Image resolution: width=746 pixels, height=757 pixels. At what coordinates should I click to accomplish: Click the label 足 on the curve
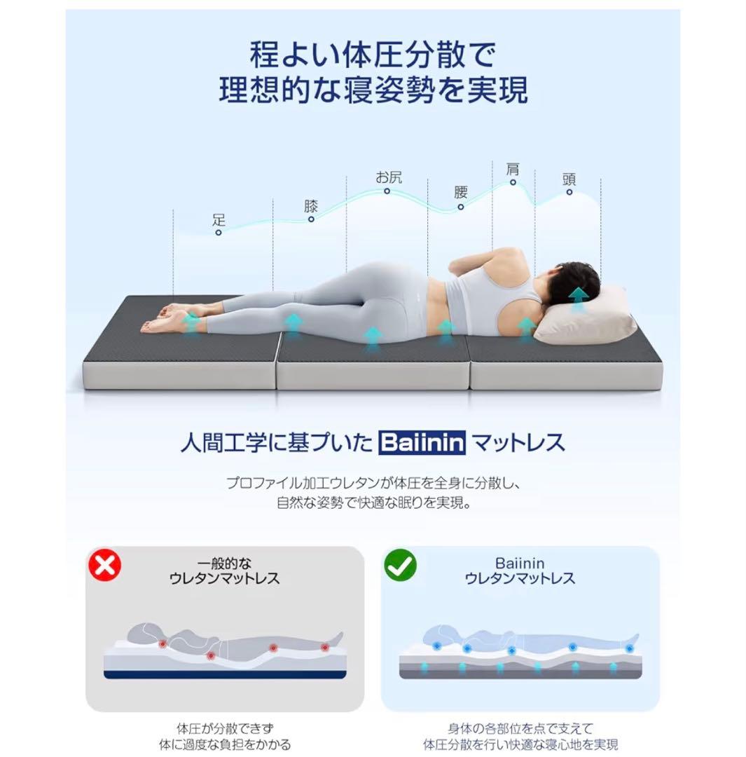coord(219,219)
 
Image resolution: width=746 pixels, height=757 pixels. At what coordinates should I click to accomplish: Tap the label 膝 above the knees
coord(311,206)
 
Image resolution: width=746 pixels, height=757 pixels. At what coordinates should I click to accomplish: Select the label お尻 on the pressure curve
coord(389,177)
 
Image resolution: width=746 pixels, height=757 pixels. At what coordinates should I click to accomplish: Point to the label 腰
coord(460,192)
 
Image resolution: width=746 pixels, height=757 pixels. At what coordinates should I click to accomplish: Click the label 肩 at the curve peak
coord(513,170)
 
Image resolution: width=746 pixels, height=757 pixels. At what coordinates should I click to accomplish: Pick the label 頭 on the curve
coord(569,178)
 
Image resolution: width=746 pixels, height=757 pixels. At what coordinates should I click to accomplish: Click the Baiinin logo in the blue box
coord(422,443)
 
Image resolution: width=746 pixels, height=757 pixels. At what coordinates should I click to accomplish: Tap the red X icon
coord(104,564)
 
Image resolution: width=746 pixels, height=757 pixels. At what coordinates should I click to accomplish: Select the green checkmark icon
coord(400,564)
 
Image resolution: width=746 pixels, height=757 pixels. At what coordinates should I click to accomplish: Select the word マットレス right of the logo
coord(518,443)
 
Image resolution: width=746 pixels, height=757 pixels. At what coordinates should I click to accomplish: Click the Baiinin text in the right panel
coord(519,564)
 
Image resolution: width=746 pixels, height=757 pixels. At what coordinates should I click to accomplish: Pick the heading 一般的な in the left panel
coord(224,564)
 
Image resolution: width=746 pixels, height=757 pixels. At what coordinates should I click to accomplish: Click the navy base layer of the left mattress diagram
coord(224,674)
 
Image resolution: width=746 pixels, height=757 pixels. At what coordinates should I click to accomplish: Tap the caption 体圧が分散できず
coord(224,729)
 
